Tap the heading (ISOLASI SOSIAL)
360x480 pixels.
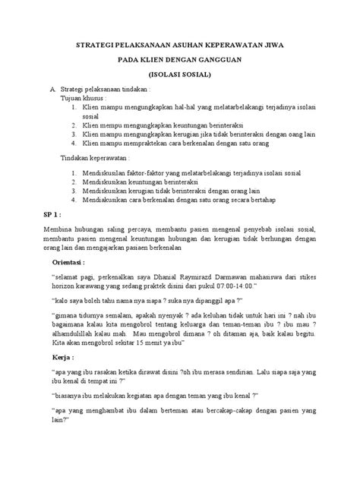180,74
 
